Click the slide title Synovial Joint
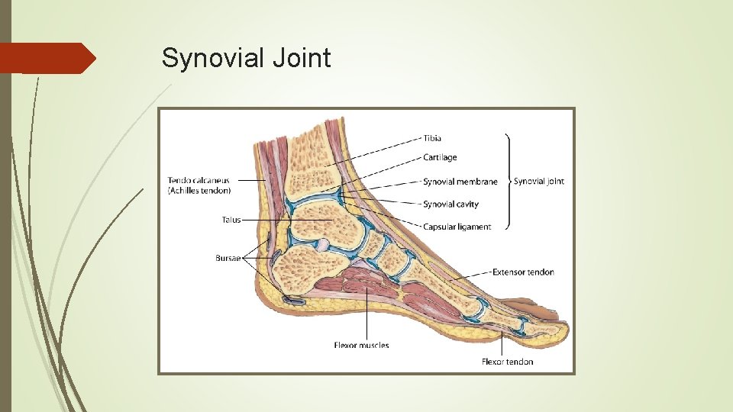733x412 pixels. click(246, 58)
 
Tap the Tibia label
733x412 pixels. click(432, 138)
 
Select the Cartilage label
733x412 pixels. click(440, 157)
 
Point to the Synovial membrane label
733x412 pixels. click(460, 182)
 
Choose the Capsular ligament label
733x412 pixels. click(457, 227)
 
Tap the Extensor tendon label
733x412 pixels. click(523, 272)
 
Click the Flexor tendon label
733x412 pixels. click(508, 361)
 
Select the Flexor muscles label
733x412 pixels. click(361, 346)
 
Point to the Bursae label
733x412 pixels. click(228, 258)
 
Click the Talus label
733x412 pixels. click(231, 220)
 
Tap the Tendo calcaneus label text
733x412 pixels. click(199, 181)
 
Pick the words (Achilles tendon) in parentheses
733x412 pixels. click(199, 190)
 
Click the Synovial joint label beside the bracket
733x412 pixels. click(539, 182)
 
